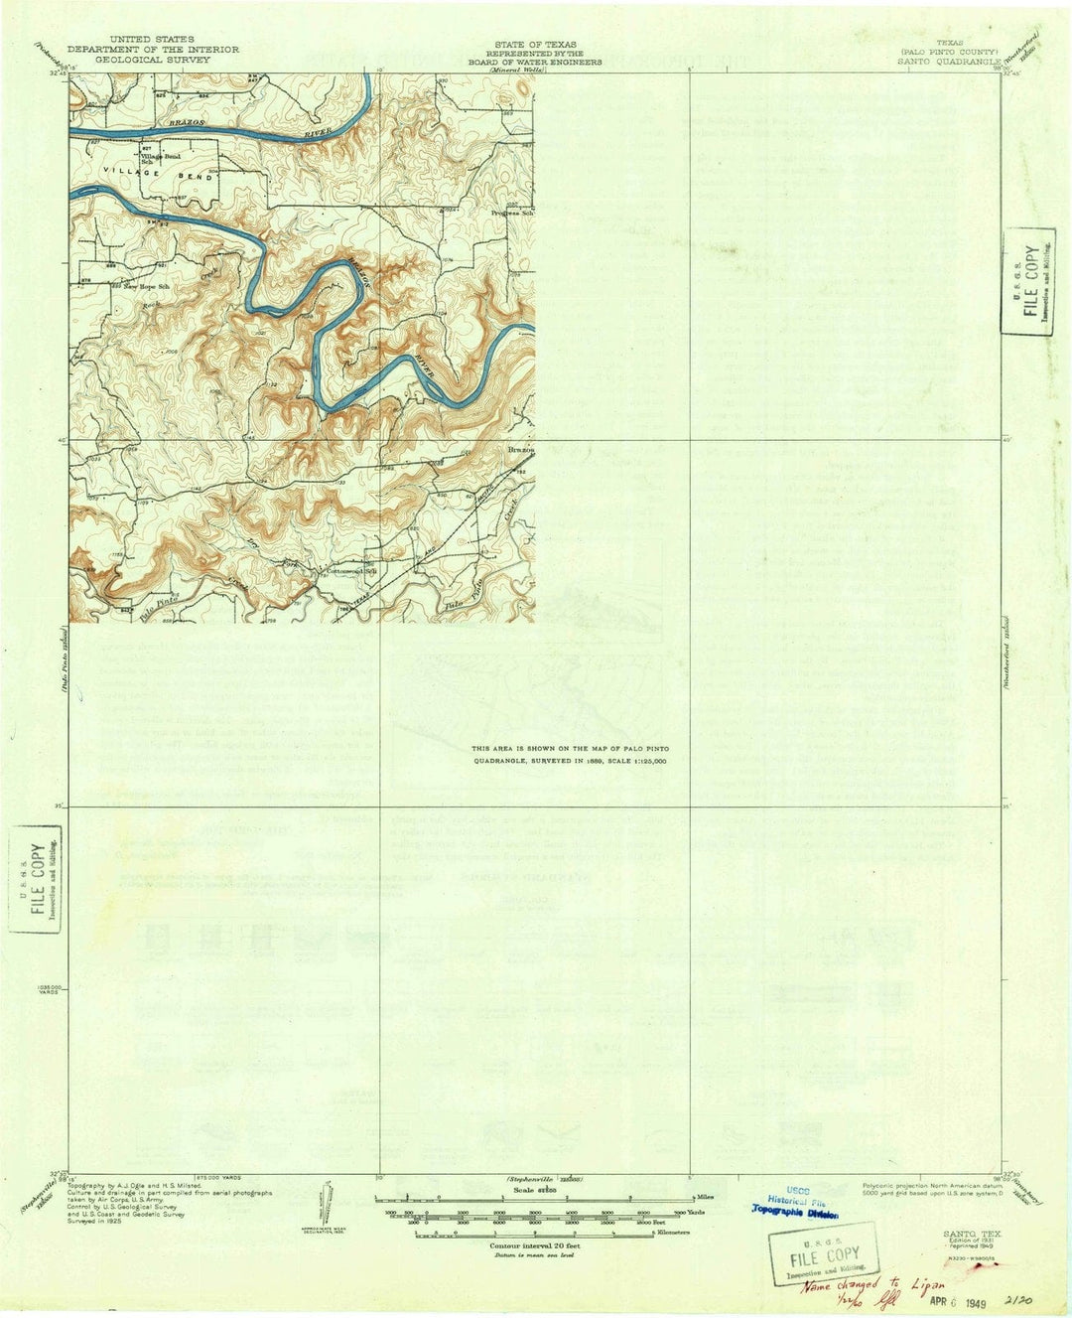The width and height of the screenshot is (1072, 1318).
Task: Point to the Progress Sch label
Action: pyautogui.click(x=513, y=214)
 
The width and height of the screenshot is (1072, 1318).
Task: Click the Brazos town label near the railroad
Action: pyautogui.click(x=521, y=450)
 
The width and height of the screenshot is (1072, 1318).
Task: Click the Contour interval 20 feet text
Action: pyautogui.click(x=535, y=1245)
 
